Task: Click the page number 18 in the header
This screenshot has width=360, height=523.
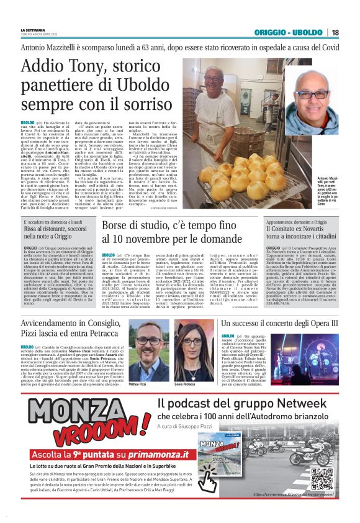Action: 335,33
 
